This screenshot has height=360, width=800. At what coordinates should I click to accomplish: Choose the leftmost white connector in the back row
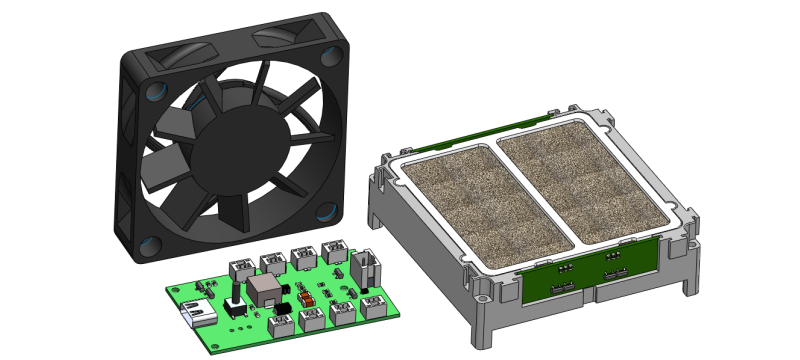coord(241,268)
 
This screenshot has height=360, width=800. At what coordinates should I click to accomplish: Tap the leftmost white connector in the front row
coord(283,323)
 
